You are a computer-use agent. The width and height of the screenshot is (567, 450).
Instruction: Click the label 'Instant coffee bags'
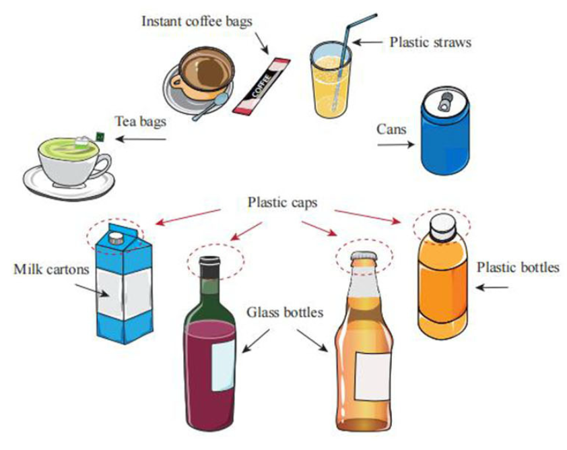click(197, 21)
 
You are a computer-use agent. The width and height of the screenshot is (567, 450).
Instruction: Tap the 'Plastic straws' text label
click(430, 42)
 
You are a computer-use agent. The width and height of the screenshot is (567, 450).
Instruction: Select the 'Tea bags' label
click(140, 121)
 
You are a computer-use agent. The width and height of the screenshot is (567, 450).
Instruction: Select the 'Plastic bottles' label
click(518, 267)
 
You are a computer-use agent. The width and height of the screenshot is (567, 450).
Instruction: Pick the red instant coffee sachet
click(261, 86)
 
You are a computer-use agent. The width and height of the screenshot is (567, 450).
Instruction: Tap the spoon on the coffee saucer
click(210, 108)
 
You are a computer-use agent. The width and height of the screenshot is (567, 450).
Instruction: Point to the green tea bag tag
click(99, 137)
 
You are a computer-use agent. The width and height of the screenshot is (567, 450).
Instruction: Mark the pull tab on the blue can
click(446, 101)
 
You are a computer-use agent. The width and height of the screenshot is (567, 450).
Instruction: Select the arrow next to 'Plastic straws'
click(368, 42)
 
